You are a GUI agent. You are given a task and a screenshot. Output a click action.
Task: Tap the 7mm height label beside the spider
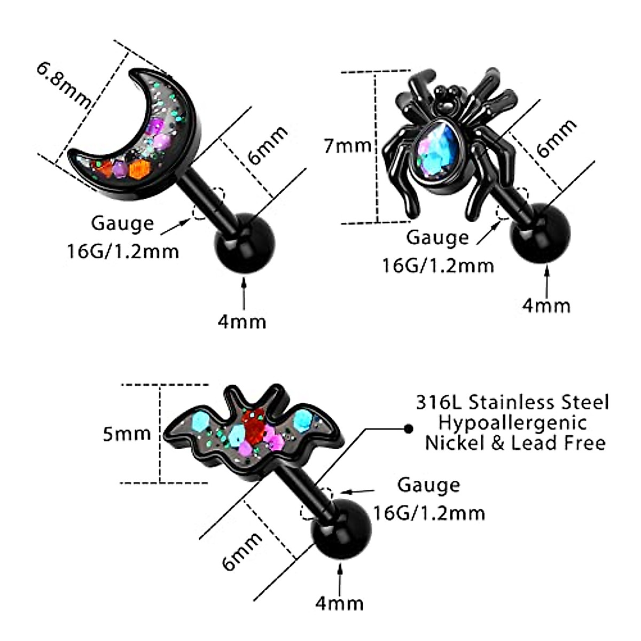click(348, 145)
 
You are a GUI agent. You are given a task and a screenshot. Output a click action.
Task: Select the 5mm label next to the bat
click(127, 433)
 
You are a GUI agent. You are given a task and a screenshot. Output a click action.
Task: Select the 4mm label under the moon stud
click(242, 322)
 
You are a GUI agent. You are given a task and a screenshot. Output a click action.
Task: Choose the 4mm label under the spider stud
click(546, 306)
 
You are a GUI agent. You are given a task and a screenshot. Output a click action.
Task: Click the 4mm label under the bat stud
click(340, 604)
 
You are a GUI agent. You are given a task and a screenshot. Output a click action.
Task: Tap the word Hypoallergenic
click(513, 423)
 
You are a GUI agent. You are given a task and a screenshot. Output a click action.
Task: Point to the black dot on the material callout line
click(409, 428)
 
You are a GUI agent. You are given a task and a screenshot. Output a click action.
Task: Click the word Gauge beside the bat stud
click(428, 486)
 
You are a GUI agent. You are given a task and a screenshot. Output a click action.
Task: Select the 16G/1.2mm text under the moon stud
click(123, 251)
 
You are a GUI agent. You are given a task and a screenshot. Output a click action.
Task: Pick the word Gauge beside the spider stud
click(437, 238)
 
